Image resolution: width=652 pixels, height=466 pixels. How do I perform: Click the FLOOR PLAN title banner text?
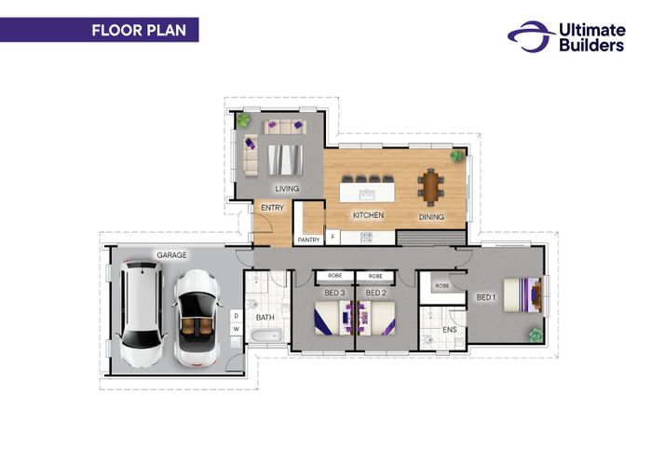coord(139,31)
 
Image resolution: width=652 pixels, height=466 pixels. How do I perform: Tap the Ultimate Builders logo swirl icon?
coord(532,36)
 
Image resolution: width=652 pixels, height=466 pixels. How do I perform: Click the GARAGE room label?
coord(171,255)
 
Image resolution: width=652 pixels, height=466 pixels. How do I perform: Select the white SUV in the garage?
coord(142,314)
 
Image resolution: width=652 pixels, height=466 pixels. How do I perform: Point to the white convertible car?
coord(196,319)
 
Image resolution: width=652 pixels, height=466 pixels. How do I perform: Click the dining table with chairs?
coord(430,186)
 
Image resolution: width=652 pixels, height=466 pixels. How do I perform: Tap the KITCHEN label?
coord(369,215)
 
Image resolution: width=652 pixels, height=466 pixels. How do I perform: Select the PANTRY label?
coord(308,240)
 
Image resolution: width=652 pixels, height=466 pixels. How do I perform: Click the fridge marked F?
coord(333,237)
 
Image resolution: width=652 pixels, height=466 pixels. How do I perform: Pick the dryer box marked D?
coord(237,316)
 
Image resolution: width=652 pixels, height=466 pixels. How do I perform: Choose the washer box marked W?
coord(237,329)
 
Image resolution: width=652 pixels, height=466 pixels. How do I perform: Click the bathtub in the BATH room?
coord(266,336)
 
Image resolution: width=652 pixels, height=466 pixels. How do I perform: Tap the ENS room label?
coord(450,330)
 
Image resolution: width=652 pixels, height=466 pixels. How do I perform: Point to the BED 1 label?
coord(486,297)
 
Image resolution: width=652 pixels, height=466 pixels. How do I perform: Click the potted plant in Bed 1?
coord(536,336)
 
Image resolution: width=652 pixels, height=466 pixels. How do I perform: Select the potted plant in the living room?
coord(243,120)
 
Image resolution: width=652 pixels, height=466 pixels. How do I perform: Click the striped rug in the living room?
coord(285,159)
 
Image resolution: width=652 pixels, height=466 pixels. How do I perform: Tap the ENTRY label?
coord(272,208)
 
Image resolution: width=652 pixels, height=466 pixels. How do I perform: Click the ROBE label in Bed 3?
coord(334,276)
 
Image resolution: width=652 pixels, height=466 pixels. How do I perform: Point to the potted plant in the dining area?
coord(457,157)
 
